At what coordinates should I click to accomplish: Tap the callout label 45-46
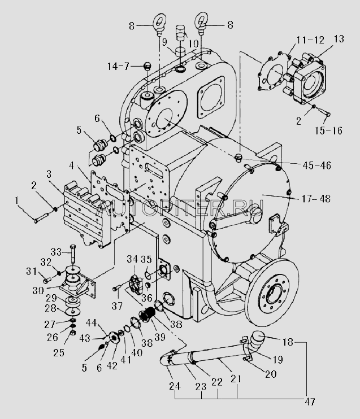[x=316, y=165]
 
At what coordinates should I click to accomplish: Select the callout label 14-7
[x=118, y=66]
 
